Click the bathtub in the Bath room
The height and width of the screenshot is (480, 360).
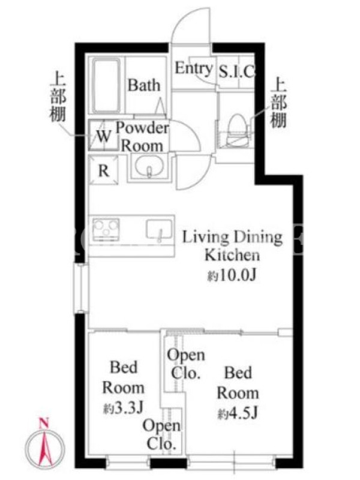pyautogui.click(x=106, y=86)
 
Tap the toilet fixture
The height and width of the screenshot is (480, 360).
pyautogui.click(x=238, y=129)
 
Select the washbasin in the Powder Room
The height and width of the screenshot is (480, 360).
pyautogui.click(x=149, y=166)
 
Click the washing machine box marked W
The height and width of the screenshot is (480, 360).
pyautogui.click(x=103, y=135)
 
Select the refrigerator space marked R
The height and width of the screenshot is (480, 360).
pyautogui.click(x=103, y=170)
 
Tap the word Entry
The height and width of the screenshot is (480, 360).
pyautogui.click(x=193, y=68)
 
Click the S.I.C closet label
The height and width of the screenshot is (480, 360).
pyautogui.click(x=236, y=72)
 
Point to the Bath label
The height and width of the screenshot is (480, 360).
pyautogui.click(x=144, y=85)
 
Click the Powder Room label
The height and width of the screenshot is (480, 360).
pyautogui.click(x=142, y=137)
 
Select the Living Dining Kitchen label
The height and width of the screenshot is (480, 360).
pyautogui.click(x=232, y=246)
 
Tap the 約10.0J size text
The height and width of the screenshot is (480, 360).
pyautogui.click(x=232, y=276)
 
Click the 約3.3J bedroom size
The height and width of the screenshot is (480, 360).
pyautogui.click(x=123, y=408)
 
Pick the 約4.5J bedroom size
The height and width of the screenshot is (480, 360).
pyautogui.click(x=238, y=413)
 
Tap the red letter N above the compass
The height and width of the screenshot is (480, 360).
pyautogui.click(x=44, y=424)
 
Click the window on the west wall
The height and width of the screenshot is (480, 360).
pyautogui.click(x=80, y=288)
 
